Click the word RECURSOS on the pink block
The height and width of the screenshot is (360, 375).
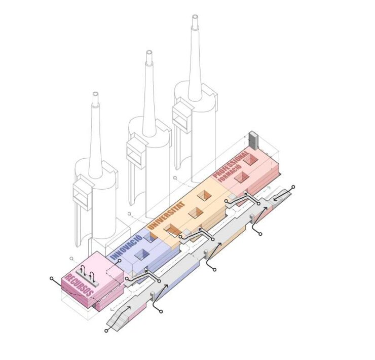pos(79,285)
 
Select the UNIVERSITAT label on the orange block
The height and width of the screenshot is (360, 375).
pos(167,215)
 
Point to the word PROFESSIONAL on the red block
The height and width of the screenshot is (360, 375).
pos(231,165)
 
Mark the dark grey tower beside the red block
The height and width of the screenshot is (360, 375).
pos(253,140)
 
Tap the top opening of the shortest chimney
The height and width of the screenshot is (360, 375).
pos(96,94)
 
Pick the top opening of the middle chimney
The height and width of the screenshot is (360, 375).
pos(149,53)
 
